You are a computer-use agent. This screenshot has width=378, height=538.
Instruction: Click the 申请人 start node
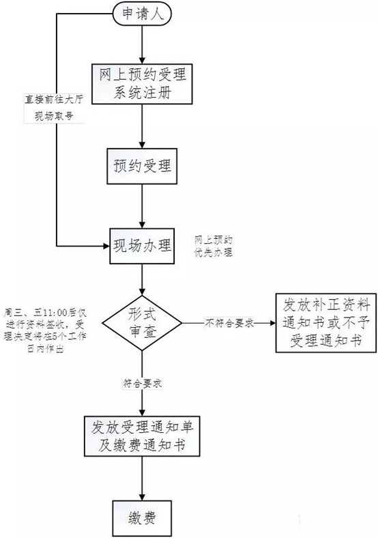(141, 14)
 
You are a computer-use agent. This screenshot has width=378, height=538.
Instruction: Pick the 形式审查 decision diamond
(141, 321)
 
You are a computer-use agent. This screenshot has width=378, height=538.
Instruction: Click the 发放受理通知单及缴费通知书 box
(143, 438)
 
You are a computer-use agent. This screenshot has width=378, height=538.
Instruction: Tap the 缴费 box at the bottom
(141, 518)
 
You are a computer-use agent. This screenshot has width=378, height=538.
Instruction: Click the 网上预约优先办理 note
(214, 246)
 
